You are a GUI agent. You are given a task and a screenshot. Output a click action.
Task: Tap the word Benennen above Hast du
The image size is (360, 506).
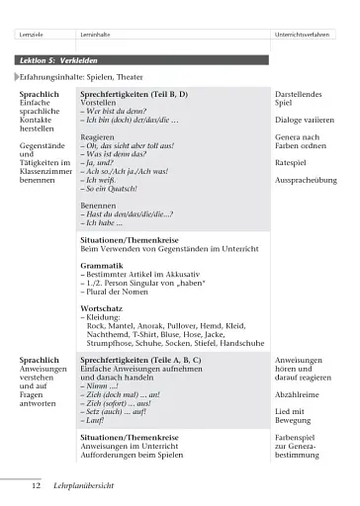102,206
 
